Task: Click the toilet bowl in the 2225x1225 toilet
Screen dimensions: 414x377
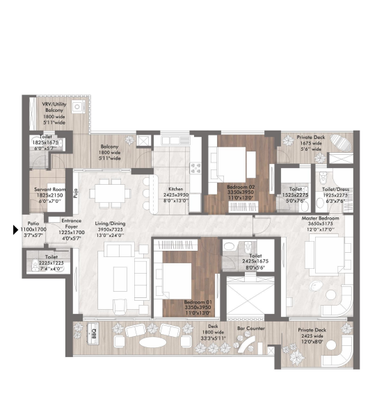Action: point(33,264)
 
